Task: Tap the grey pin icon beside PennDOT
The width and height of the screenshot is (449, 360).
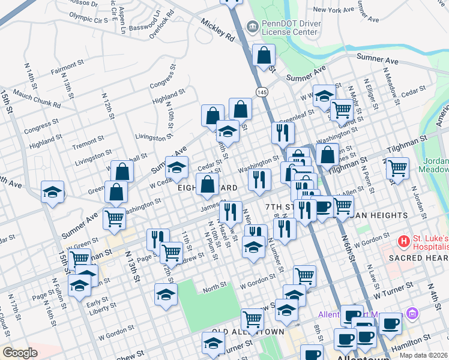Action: [252, 26]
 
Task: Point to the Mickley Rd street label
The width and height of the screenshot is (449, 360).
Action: [217, 33]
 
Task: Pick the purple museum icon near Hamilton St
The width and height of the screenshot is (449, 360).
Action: [411, 313]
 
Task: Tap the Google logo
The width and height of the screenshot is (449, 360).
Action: [20, 353]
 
